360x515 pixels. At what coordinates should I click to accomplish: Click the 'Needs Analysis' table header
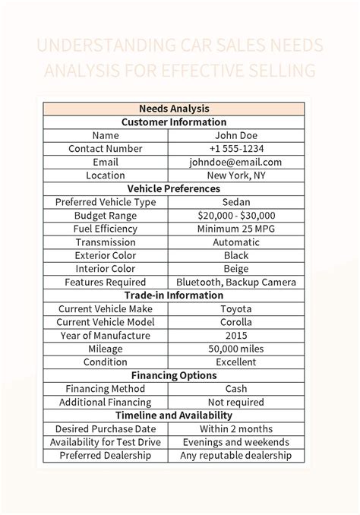174,109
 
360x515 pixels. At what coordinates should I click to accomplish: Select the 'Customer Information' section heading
174,122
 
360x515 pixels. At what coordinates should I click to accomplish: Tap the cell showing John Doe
235,135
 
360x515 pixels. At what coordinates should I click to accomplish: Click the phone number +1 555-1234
235,149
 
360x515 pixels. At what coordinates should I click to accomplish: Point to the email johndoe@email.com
235,162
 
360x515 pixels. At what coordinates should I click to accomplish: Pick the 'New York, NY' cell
235,175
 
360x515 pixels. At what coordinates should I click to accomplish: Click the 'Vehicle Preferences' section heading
174,188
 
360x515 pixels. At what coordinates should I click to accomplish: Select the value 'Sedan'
235,202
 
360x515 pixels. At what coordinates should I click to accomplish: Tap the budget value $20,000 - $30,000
235,216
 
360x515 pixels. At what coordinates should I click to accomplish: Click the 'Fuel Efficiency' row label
106,229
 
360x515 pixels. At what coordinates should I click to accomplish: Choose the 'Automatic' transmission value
235,242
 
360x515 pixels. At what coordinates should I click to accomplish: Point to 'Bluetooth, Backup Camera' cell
235,282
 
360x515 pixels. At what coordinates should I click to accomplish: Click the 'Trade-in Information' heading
174,295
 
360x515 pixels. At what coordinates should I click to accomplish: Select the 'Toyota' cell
235,309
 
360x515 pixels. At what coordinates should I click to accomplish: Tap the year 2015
235,336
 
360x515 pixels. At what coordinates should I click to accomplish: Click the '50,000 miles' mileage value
235,349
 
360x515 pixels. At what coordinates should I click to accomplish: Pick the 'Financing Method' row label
106,389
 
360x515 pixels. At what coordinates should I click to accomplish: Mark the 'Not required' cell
235,402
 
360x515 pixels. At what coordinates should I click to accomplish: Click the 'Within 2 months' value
235,429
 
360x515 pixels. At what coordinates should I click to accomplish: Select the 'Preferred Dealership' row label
106,456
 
